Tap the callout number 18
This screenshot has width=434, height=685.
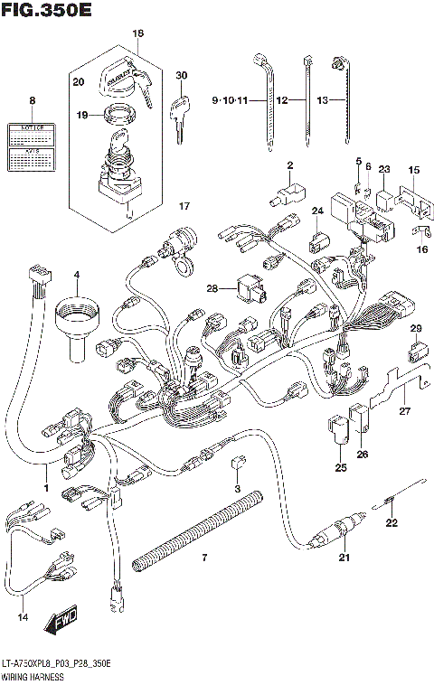137,33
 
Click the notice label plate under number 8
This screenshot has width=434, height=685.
33,147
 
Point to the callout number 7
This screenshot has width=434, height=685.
204,558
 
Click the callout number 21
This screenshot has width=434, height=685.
344,558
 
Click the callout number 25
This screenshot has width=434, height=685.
341,467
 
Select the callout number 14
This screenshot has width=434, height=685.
23,617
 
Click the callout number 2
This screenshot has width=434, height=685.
290,164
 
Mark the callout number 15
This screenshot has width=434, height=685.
413,169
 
